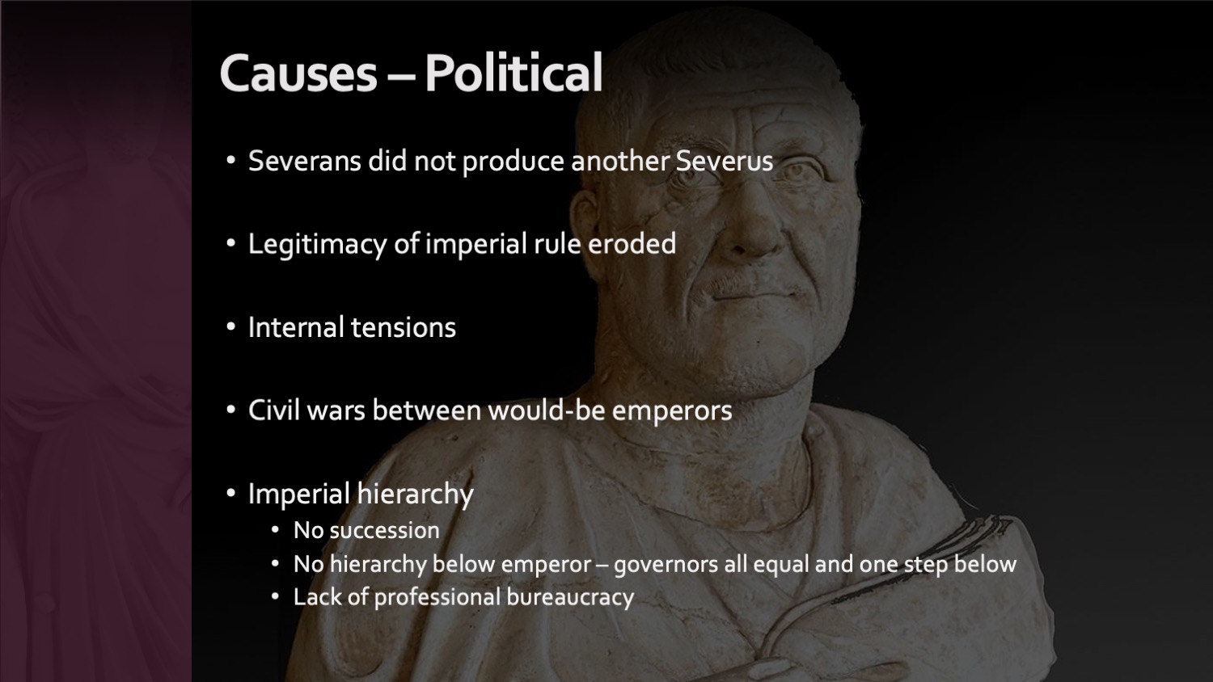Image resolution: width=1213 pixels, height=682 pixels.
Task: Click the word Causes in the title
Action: (x=298, y=73)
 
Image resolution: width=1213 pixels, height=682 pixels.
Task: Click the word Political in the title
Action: (x=514, y=72)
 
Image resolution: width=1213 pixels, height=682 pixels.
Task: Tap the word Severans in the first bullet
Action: (x=304, y=161)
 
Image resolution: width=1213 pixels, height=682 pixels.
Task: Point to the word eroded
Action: (x=632, y=243)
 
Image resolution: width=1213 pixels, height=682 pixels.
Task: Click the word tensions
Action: (x=404, y=327)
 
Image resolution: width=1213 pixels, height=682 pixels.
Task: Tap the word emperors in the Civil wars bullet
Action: (x=672, y=412)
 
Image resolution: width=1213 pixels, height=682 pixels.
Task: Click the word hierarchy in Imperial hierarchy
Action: (x=416, y=495)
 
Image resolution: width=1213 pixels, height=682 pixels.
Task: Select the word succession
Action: (x=384, y=531)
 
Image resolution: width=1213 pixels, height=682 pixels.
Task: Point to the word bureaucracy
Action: (x=570, y=598)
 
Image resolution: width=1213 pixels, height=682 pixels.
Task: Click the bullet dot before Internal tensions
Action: (x=231, y=327)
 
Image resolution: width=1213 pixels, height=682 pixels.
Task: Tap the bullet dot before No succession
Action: (x=275, y=530)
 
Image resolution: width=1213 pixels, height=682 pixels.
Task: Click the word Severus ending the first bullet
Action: (x=725, y=161)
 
